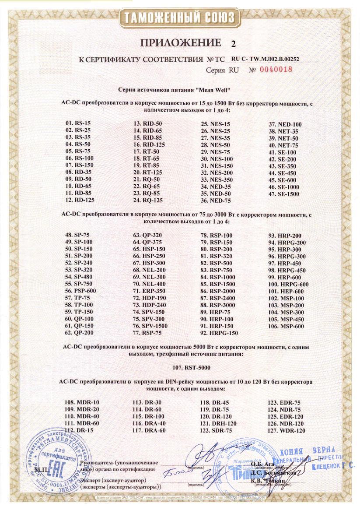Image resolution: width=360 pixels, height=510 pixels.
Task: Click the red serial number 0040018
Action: (x=276, y=70)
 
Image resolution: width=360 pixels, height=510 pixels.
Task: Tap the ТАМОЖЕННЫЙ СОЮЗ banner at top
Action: (x=180, y=18)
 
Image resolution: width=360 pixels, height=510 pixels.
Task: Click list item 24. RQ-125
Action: (x=148, y=200)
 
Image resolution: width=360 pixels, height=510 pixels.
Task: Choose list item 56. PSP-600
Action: (x=80, y=291)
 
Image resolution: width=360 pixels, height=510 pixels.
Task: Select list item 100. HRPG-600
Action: (x=289, y=284)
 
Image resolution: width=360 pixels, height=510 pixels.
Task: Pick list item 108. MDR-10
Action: (x=82, y=402)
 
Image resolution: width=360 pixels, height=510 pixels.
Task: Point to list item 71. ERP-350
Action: (x=148, y=291)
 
